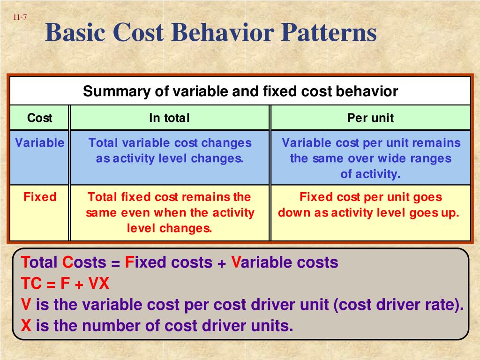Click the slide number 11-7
(20, 18)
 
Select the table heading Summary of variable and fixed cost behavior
(240, 91)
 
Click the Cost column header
(40, 118)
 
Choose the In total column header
(169, 118)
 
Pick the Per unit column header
(370, 118)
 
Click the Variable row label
(40, 143)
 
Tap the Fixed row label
(40, 197)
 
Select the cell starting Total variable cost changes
(170, 150)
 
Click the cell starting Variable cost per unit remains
(371, 158)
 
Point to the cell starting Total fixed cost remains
(170, 212)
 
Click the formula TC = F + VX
(65, 284)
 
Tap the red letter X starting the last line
(26, 325)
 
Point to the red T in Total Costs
(25, 262)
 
